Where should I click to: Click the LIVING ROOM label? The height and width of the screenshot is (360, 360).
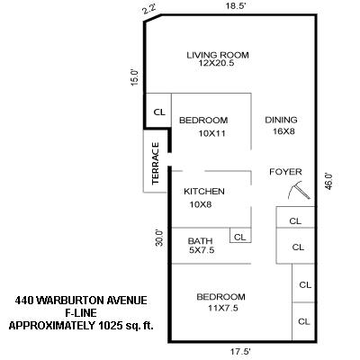coord(217,56)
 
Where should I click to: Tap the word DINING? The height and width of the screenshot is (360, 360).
coord(281,120)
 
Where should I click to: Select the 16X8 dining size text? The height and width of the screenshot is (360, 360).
coord(281,132)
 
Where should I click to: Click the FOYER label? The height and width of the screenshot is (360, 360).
coord(285,172)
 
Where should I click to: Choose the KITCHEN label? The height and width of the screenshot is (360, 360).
coord(204,192)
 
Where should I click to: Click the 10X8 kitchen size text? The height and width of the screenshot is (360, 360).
coord(200,205)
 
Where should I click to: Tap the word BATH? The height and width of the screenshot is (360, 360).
coord(200,241)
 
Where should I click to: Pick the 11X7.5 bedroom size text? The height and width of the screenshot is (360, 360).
coord(221,309)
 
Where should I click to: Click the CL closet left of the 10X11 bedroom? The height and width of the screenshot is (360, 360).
coord(159,112)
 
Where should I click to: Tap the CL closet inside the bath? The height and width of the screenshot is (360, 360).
coord(239,237)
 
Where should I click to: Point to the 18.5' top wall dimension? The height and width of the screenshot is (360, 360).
coord(237,6)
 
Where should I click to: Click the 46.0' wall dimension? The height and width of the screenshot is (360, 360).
coord(329,181)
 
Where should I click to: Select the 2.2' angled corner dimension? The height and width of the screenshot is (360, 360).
coord(148,10)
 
